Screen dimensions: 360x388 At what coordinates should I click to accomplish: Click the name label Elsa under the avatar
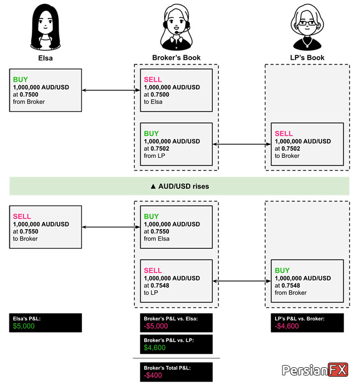[45, 58]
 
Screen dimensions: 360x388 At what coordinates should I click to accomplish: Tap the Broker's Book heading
[176, 58]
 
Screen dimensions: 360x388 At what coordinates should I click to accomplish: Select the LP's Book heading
[307, 58]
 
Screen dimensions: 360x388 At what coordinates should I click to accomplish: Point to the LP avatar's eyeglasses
[307, 23]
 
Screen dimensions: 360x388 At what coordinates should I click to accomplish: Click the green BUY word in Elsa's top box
[20, 79]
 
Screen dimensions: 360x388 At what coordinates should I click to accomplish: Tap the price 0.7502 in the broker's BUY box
[160, 149]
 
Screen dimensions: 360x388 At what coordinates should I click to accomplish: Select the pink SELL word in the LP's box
[284, 134]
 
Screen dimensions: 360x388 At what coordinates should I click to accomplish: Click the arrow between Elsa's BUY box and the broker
[111, 90]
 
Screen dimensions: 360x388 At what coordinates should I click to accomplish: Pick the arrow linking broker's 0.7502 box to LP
[241, 144]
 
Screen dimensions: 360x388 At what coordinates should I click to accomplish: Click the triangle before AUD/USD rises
[153, 186]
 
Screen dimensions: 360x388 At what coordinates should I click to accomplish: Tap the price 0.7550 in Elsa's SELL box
[29, 232]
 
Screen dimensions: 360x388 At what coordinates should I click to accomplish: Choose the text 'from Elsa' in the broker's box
[157, 239]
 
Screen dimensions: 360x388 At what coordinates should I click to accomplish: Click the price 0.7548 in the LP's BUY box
[291, 285]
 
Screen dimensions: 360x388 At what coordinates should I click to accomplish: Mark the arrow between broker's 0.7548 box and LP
[241, 281]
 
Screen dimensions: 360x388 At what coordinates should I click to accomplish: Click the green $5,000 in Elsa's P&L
[24, 326]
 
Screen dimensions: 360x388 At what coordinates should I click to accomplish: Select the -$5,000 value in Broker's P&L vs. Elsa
[156, 326]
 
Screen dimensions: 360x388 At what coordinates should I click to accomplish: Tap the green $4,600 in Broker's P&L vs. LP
[155, 348]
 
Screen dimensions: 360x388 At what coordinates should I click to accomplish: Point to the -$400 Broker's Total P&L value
[153, 375]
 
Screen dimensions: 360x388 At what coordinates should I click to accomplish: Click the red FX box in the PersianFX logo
[338, 370]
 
